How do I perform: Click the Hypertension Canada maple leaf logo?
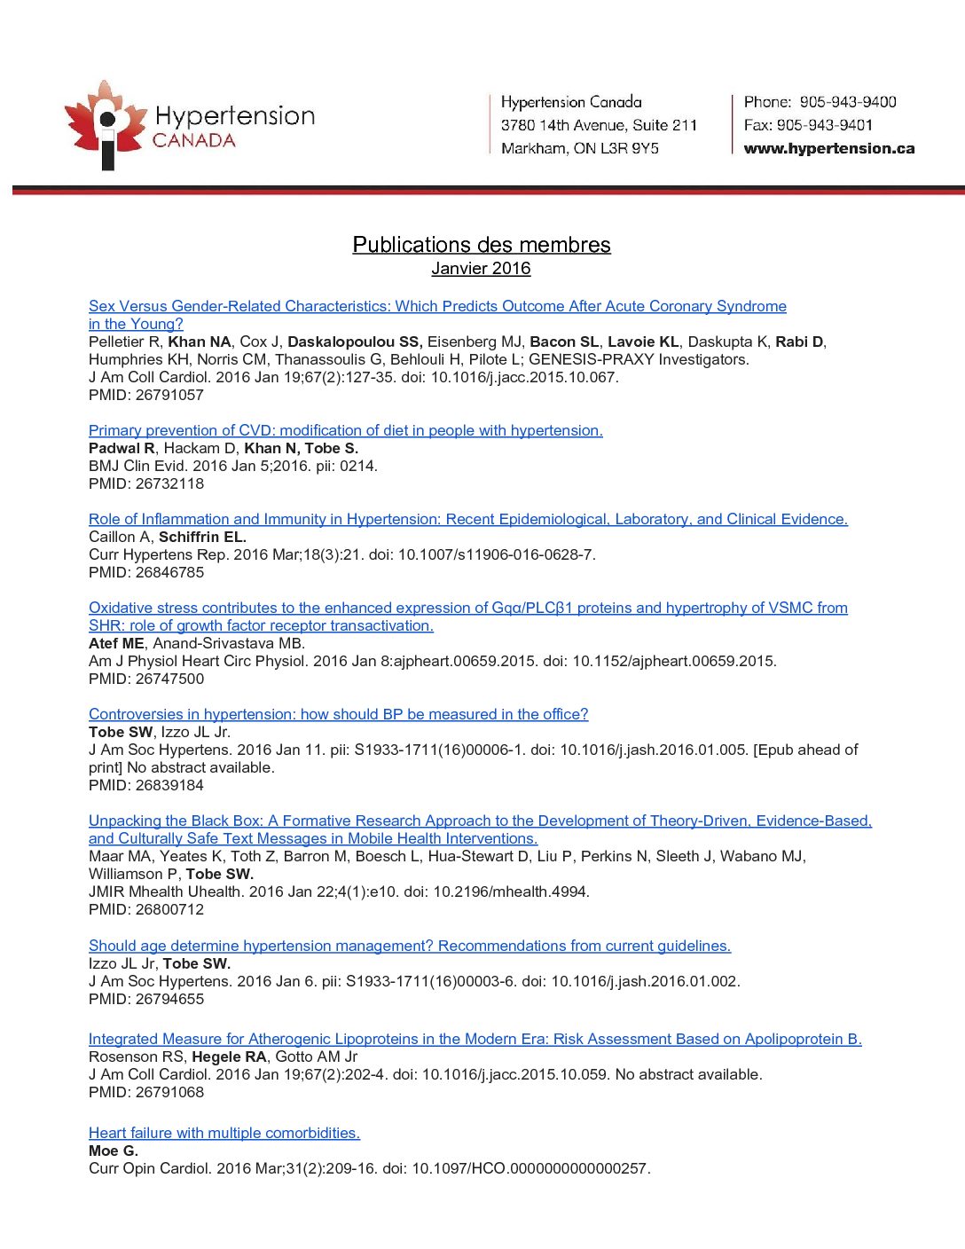[x=105, y=124]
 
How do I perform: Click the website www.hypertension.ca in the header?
[x=828, y=148]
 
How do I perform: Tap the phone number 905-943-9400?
[x=847, y=102]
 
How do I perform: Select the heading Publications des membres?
[x=481, y=244]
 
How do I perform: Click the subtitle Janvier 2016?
[x=481, y=268]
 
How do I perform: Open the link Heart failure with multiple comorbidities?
[x=224, y=1133]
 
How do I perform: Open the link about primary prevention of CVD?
[x=345, y=430]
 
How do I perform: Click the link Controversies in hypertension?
[x=338, y=714]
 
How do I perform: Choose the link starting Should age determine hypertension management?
[x=409, y=946]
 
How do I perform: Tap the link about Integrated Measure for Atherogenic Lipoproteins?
[x=475, y=1039]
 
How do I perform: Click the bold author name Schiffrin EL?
[x=202, y=537]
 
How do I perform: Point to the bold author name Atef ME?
[x=115, y=643]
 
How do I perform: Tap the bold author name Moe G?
[x=113, y=1151]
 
